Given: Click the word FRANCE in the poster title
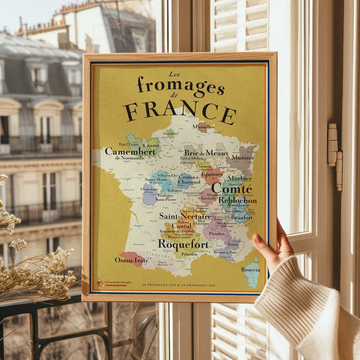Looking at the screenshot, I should [179, 111].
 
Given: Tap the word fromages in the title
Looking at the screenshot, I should [180, 86].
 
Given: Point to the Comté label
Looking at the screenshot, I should [231, 189].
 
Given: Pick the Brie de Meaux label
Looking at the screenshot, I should [206, 153].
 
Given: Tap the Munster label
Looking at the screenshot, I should [243, 158].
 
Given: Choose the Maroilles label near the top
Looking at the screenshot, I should [203, 127].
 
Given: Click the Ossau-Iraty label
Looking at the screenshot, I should [131, 260].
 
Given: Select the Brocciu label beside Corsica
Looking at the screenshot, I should [251, 270].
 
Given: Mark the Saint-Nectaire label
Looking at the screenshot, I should [185, 216].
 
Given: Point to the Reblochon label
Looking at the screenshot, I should [237, 201].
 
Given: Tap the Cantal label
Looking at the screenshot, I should [182, 226].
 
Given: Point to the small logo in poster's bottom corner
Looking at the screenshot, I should [100, 283].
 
